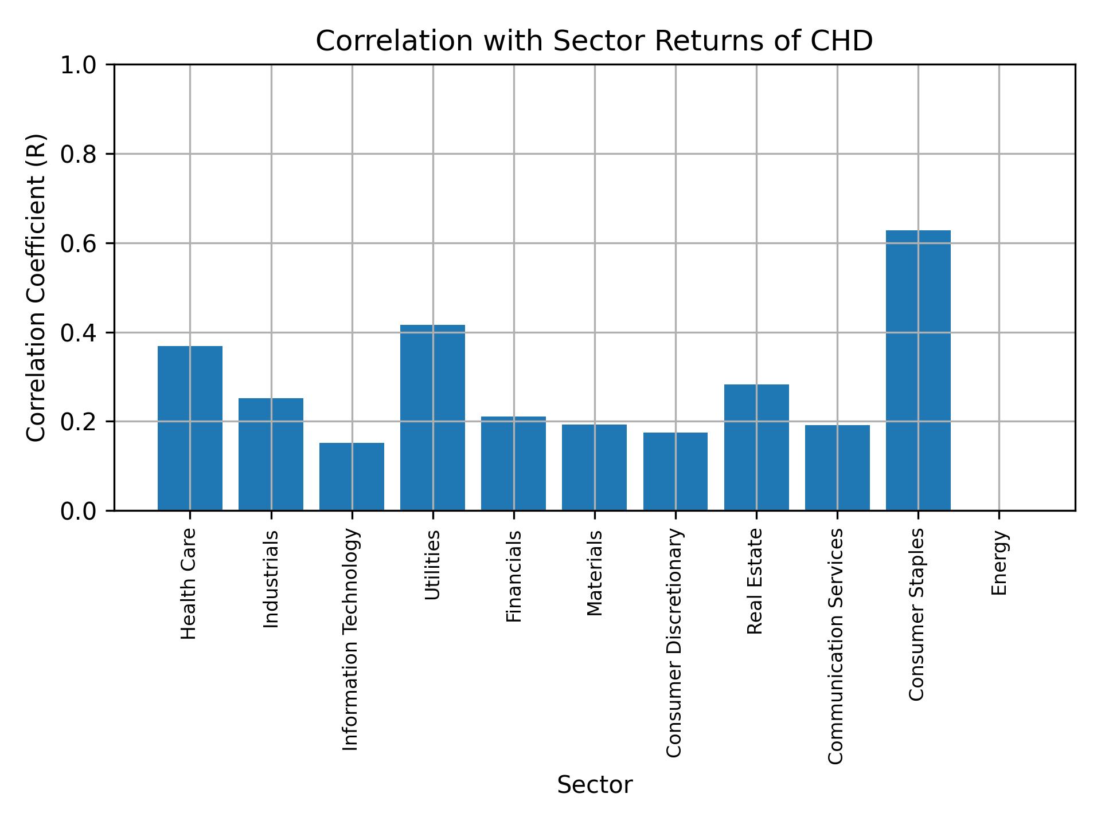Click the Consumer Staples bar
(918, 370)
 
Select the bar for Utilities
(432, 417)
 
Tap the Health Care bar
(190, 428)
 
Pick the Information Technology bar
(352, 476)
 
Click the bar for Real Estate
(756, 447)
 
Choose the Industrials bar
(271, 454)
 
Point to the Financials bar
(513, 463)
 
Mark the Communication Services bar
(837, 467)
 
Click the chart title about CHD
(594, 41)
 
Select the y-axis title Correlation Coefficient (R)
(36, 288)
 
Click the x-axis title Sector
(594, 785)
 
